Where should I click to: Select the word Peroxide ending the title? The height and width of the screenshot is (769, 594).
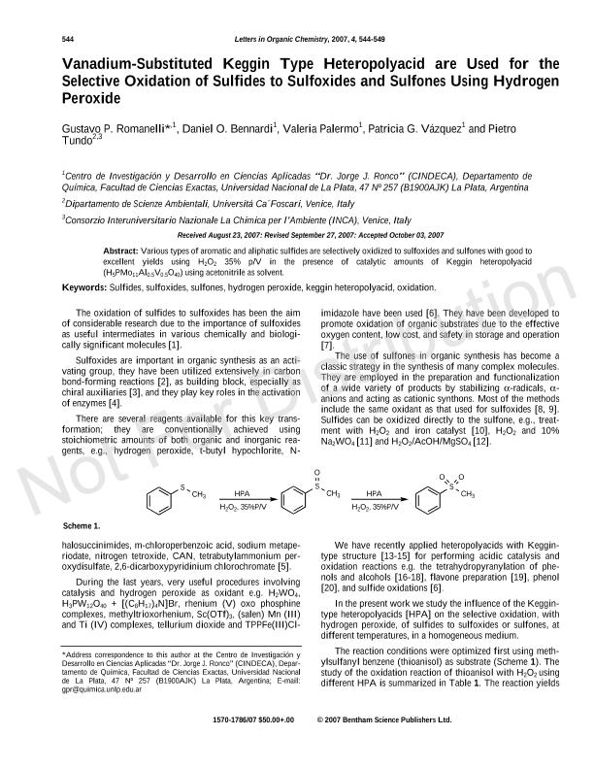click(x=91, y=99)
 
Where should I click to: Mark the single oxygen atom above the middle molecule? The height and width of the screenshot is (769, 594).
click(x=316, y=473)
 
